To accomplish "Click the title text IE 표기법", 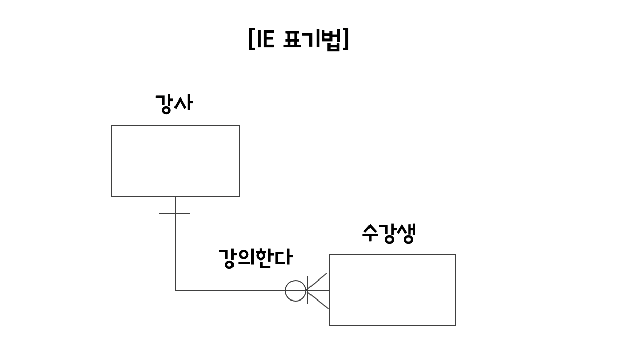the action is coord(299,39).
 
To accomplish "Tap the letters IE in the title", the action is coord(265,39).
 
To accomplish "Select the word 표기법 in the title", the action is coord(312,39).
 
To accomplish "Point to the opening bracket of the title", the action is coord(251,39).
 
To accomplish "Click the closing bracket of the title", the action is coord(346,39).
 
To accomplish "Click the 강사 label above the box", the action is coord(174,104).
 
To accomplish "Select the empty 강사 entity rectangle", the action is coord(176,161).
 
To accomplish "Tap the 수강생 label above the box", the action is coord(388,233).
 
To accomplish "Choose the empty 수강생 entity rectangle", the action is coord(393,290).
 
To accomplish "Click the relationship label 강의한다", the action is coord(255,257).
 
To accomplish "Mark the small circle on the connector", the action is coord(296,291).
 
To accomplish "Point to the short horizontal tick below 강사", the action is coord(174,213).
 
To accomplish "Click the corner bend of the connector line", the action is coord(176,291).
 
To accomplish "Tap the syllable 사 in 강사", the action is coord(184,104).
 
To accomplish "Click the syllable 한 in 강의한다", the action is coord(264,257).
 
